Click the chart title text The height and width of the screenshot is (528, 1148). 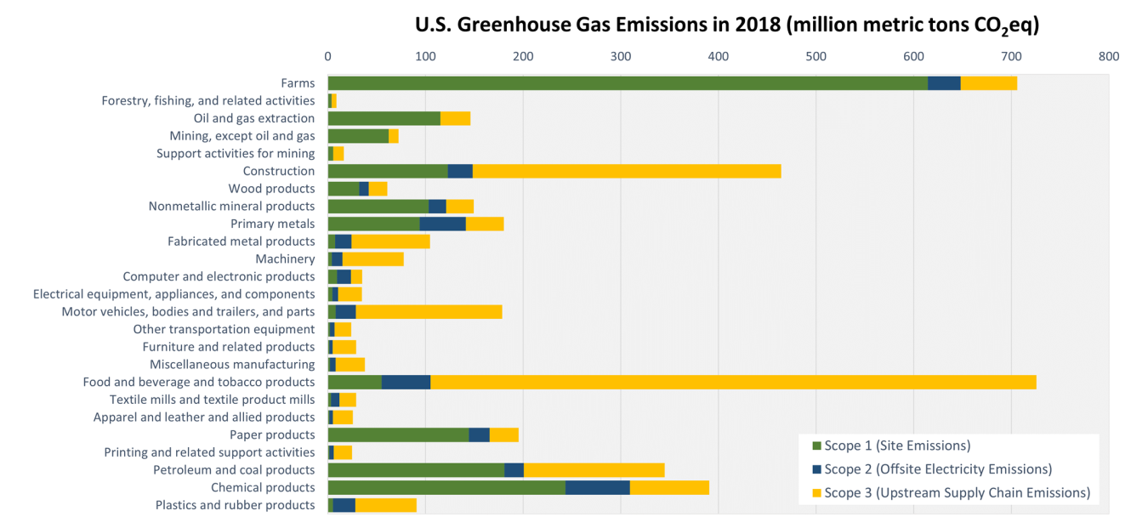(x=727, y=25)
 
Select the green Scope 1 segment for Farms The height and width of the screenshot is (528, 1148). (x=628, y=83)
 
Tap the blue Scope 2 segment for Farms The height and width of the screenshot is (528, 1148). (x=944, y=83)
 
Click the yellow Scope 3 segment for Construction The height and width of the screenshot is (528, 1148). (x=627, y=171)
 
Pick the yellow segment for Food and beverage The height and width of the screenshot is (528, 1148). (x=733, y=382)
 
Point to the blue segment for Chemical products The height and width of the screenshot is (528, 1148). (x=598, y=487)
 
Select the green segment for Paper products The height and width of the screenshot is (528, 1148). (x=398, y=434)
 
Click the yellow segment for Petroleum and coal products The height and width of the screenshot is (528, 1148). (x=594, y=470)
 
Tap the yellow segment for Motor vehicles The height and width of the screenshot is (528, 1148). (x=429, y=312)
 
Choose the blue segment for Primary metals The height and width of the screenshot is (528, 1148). (x=442, y=224)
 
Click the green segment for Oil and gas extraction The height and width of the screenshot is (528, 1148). (x=384, y=118)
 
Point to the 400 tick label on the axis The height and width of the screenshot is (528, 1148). (x=719, y=56)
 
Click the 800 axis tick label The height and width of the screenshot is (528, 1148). (x=1109, y=56)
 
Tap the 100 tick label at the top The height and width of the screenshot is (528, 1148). (x=425, y=56)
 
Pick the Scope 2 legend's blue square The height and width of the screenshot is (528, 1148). (x=817, y=469)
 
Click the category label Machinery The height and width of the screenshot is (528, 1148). (x=285, y=258)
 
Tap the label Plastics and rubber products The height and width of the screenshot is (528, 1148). (x=235, y=505)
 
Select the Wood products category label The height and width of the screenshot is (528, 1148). (x=271, y=189)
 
